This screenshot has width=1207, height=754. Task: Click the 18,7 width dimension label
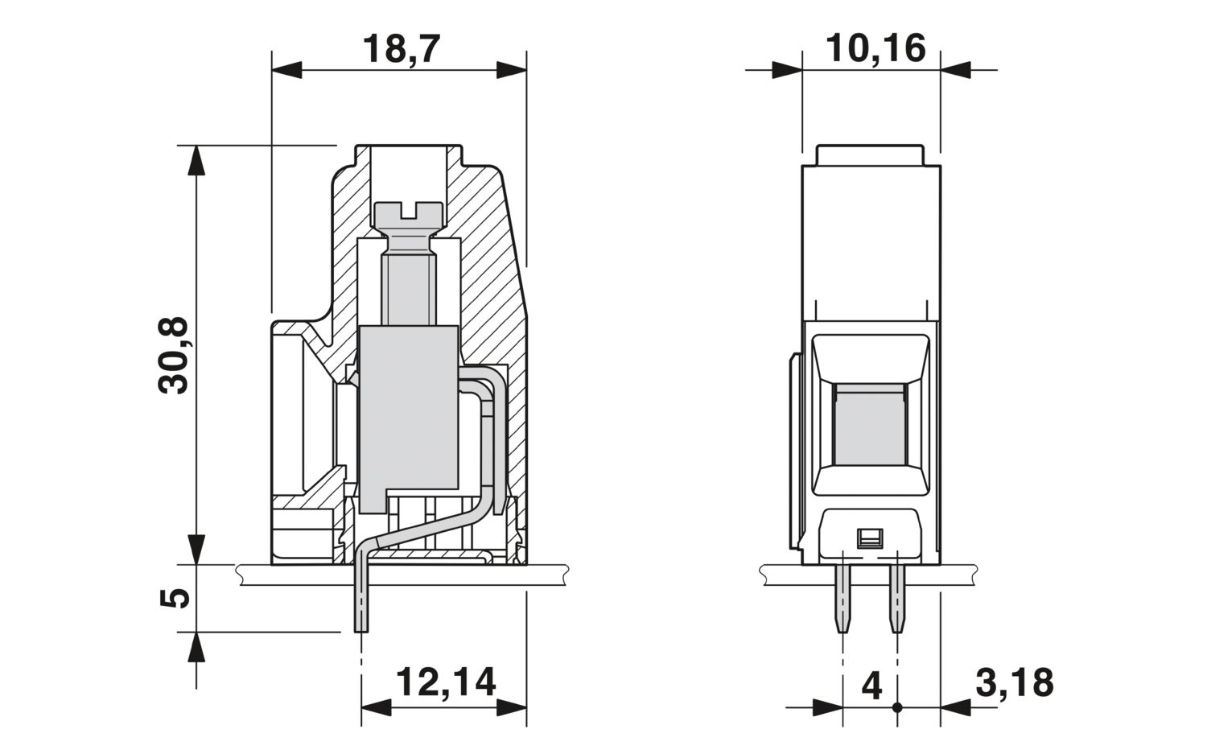tap(402, 48)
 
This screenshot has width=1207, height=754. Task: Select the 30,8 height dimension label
tap(174, 355)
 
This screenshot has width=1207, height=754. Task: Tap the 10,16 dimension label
tap(875, 48)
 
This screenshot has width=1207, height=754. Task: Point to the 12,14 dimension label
tap(446, 682)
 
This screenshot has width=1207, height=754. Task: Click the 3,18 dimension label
tap(1014, 682)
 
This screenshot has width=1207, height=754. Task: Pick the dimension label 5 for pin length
tap(175, 598)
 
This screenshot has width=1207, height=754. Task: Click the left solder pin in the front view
tap(842, 598)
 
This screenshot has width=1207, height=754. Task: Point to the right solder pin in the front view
tap(897, 598)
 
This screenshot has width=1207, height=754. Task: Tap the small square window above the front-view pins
tap(870, 537)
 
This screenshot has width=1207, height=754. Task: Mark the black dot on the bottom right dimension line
tap(897, 707)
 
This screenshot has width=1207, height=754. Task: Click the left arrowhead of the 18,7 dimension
tap(286, 70)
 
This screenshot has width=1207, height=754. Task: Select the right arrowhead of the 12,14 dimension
tap(511, 707)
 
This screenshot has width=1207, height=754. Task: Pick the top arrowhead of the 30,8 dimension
tap(196, 160)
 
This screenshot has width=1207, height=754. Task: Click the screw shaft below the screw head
tap(409, 288)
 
